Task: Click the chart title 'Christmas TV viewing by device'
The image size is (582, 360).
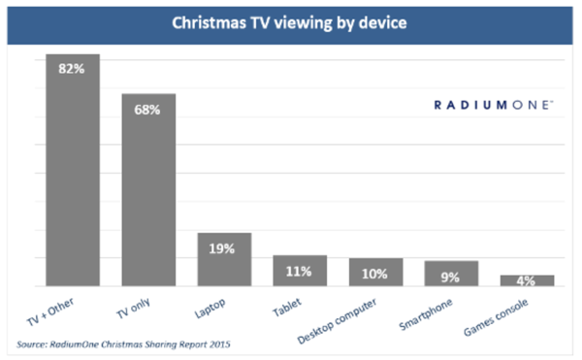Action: [290, 20]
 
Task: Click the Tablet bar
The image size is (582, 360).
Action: [300, 271]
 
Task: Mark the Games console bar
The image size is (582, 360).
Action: [527, 280]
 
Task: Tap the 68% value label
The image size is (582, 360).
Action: [148, 109]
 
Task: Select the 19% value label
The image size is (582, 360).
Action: [224, 248]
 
